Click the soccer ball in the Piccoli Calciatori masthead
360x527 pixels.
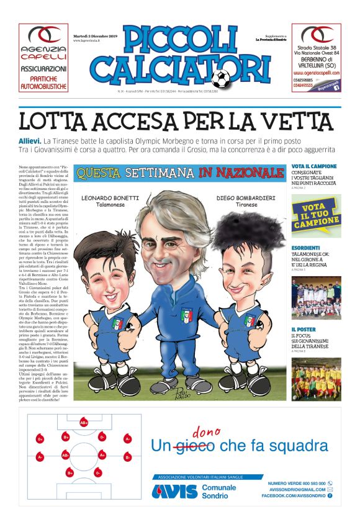pyautogui.click(x=220, y=78)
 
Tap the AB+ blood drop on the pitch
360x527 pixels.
pyautogui.click(x=84, y=423)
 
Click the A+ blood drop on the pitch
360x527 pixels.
pyautogui.click(x=102, y=454)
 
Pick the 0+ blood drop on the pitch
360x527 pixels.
pyautogui.click(x=40, y=439)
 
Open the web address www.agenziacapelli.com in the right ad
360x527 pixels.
pyautogui.click(x=317, y=72)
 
